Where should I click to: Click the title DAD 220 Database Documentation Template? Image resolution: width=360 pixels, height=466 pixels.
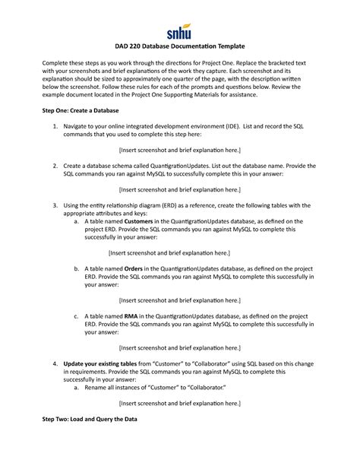[179, 49]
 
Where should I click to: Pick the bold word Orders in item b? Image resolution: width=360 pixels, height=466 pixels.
[133, 268]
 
